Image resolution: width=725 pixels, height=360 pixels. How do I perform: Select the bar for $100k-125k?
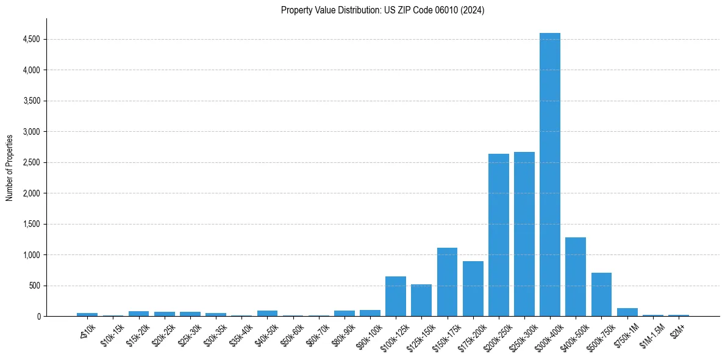click(x=396, y=296)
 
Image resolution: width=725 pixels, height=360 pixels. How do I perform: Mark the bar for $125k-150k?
click(x=421, y=300)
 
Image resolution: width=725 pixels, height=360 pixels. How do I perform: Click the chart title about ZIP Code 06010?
click(x=382, y=10)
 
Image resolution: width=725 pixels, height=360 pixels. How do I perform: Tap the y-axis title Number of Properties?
click(x=10, y=167)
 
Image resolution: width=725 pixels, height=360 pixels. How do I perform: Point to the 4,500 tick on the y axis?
click(x=30, y=40)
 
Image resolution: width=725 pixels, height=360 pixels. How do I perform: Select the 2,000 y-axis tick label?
click(x=30, y=193)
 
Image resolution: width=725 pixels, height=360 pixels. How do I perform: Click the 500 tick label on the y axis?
click(x=34, y=286)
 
